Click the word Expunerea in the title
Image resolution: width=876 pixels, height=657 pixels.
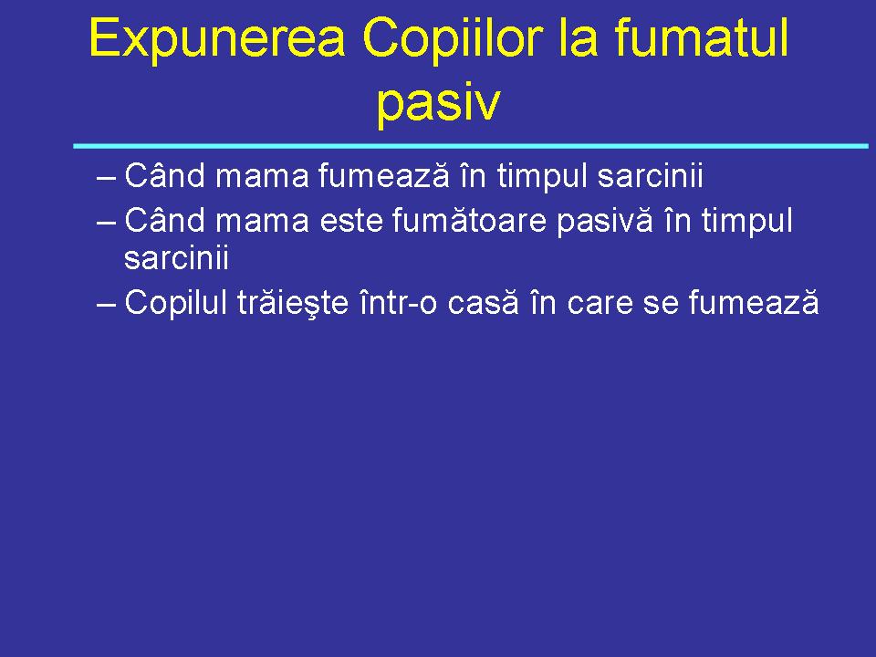(x=217, y=40)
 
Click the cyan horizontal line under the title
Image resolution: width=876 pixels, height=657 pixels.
(x=470, y=146)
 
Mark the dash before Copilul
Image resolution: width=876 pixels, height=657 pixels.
(x=106, y=303)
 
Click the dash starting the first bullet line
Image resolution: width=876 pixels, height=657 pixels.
(x=106, y=174)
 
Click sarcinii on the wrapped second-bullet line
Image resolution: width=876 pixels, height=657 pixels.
(x=175, y=259)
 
